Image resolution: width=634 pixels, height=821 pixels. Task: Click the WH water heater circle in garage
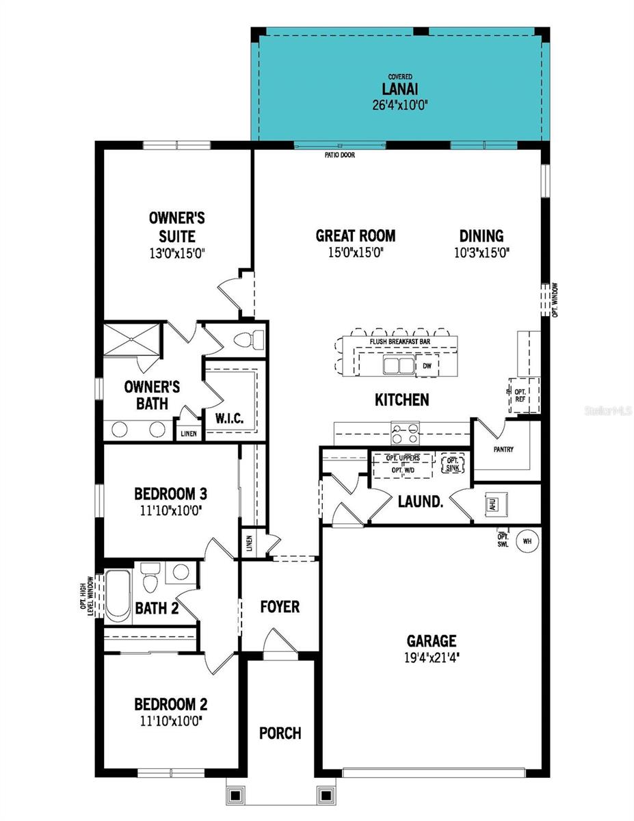pyautogui.click(x=527, y=541)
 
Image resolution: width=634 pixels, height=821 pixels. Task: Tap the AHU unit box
pyautogui.click(x=491, y=504)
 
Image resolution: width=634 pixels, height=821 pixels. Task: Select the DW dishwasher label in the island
pyautogui.click(x=427, y=366)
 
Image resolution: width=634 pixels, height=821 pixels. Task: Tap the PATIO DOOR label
pyautogui.click(x=339, y=155)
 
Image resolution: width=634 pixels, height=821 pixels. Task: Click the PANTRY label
pyautogui.click(x=503, y=449)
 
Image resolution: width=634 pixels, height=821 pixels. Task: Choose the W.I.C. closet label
pyautogui.click(x=229, y=418)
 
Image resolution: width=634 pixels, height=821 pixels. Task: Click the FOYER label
pyautogui.click(x=280, y=607)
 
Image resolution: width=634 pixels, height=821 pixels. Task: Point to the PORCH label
pyautogui.click(x=280, y=733)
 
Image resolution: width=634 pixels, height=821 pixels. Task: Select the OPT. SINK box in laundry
pyautogui.click(x=452, y=464)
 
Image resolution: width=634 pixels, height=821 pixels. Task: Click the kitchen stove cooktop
pyautogui.click(x=401, y=432)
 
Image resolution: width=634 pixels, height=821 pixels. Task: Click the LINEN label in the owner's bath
pyautogui.click(x=188, y=434)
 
